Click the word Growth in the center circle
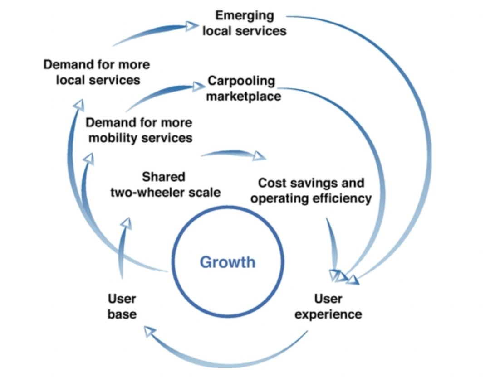click(227, 262)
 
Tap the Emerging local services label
click(245, 23)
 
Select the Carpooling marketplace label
click(242, 88)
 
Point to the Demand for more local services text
click(97, 72)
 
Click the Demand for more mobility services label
click(139, 130)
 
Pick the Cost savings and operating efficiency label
click(311, 191)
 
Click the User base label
click(122, 306)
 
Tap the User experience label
click(328, 306)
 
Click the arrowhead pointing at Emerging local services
click(192, 26)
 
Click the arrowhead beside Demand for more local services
click(79, 105)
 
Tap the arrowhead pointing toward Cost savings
click(260, 156)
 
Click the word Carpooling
click(241, 81)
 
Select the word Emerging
click(245, 15)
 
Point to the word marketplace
click(244, 96)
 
